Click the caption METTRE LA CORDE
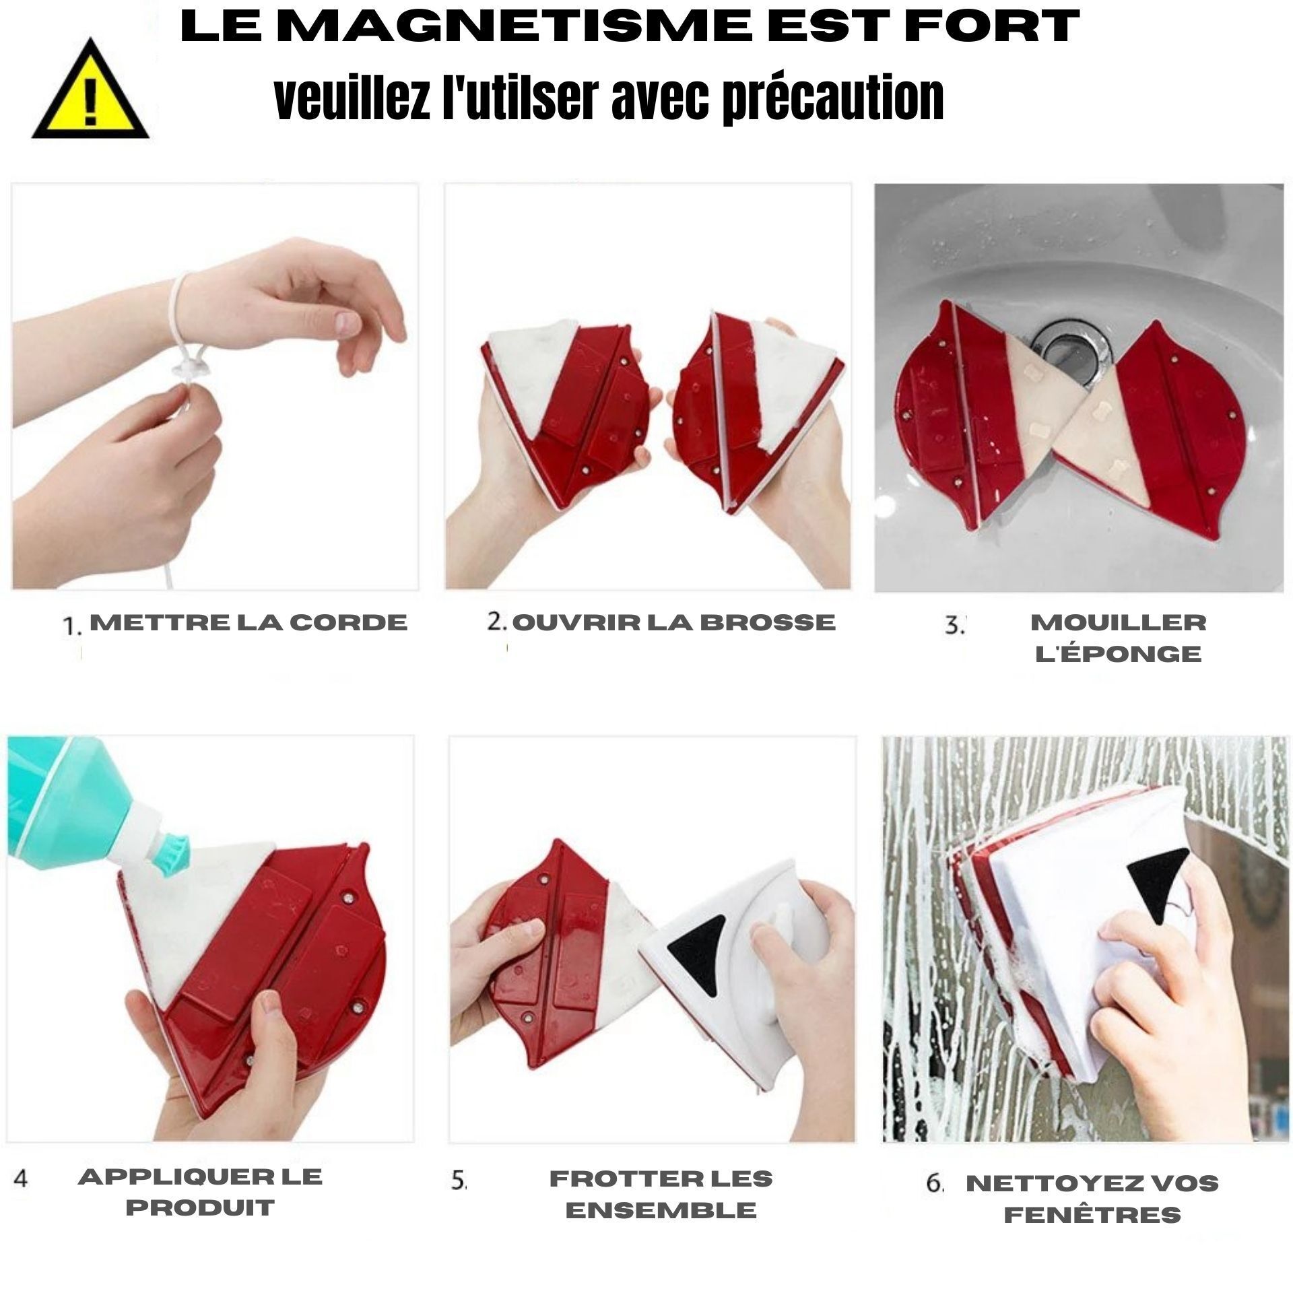pyautogui.click(x=248, y=622)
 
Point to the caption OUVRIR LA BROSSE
pyautogui.click(x=673, y=622)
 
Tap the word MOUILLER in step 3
pyautogui.click(x=1119, y=622)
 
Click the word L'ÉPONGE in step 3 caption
pyautogui.click(x=1119, y=654)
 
